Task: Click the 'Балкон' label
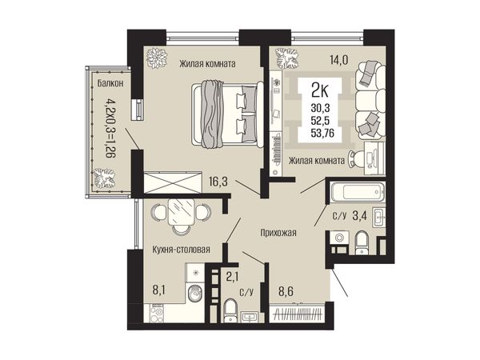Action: click(x=110, y=83)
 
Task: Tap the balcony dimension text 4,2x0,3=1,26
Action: click(x=110, y=128)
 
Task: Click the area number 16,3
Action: click(x=218, y=182)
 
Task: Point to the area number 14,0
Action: click(x=339, y=60)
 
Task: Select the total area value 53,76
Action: click(x=322, y=134)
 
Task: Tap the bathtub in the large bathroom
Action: click(x=358, y=192)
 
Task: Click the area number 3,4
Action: click(x=360, y=216)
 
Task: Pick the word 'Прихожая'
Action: click(x=278, y=233)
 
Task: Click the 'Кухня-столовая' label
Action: click(x=182, y=250)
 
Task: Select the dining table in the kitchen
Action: click(x=181, y=211)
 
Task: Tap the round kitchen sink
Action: click(x=194, y=294)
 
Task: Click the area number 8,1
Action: click(x=159, y=290)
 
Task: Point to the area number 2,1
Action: click(x=233, y=277)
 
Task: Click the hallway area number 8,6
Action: click(x=286, y=291)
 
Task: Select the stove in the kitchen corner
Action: click(x=157, y=313)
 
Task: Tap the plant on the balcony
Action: click(x=104, y=178)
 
